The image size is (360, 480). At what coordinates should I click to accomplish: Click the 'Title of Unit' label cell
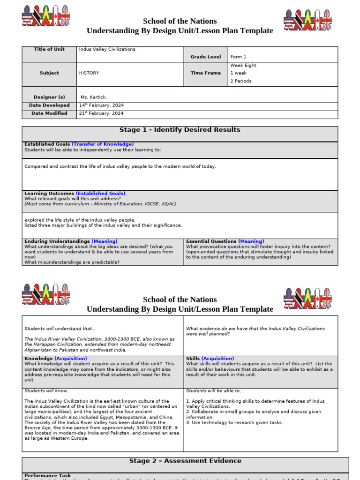49,49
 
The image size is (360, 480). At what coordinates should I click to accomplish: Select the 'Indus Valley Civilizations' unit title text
107,49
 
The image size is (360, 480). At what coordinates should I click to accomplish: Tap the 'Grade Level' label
205,57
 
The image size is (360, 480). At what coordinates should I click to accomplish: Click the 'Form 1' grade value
238,57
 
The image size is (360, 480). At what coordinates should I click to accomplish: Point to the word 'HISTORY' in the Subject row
89,73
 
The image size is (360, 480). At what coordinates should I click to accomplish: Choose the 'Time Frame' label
205,73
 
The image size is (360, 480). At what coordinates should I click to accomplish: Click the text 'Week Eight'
243,66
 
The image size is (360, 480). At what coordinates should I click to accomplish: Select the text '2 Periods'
241,81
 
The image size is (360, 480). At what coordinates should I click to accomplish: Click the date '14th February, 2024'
101,105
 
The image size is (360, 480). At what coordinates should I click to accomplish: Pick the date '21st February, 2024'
101,113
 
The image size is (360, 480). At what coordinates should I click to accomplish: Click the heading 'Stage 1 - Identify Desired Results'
180,130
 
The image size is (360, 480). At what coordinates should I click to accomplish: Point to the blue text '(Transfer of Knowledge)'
103,144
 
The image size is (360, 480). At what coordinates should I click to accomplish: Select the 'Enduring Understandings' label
57,241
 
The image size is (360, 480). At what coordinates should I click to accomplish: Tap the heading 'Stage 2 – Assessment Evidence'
185,461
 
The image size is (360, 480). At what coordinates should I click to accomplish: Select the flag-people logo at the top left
46,16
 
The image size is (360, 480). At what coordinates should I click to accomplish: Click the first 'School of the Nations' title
180,21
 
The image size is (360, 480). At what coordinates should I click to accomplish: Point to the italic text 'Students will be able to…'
215,391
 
